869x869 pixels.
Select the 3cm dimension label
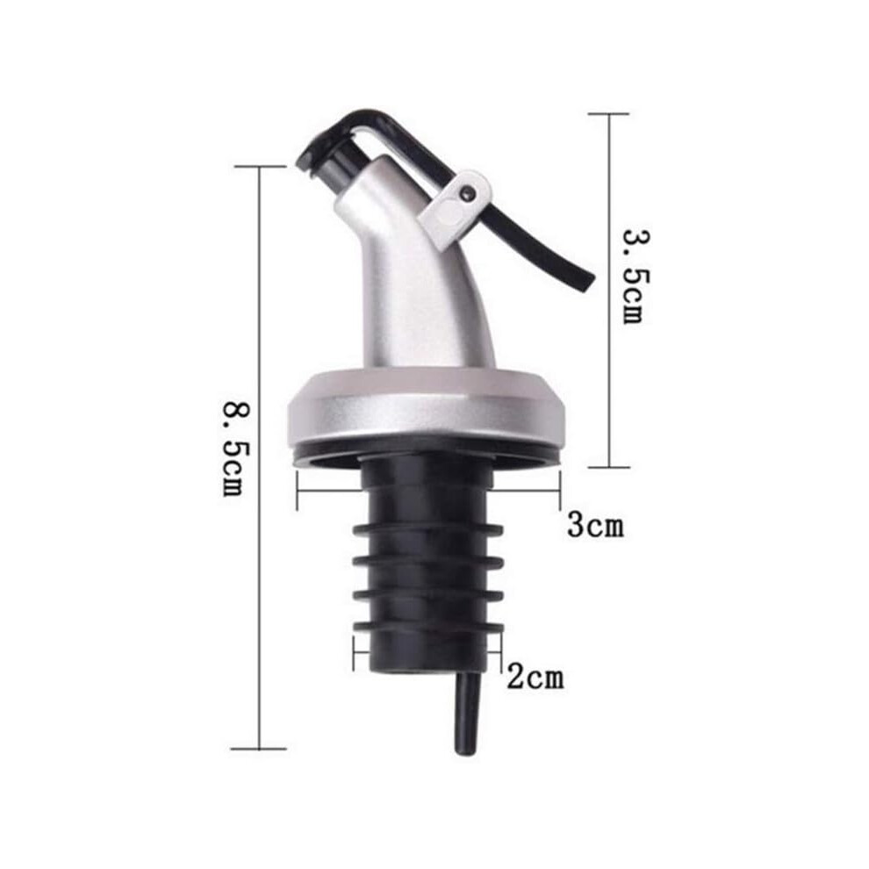coord(595,525)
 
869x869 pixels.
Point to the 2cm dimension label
coord(535,677)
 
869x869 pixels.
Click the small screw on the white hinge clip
coord(467,192)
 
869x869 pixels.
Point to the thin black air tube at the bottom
coord(467,715)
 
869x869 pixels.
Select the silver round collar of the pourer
coord(427,402)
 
